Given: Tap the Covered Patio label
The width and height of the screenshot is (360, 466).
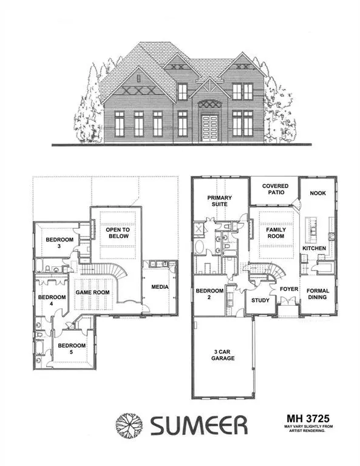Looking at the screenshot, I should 275,189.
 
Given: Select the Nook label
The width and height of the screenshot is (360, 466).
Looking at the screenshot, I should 318,192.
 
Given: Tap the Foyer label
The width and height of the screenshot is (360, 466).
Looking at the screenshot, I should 288,289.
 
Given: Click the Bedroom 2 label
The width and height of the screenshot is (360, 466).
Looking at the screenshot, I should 209,295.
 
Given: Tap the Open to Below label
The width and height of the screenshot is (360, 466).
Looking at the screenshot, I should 118,234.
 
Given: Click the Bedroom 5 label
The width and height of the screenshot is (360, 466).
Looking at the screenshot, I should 72,349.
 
